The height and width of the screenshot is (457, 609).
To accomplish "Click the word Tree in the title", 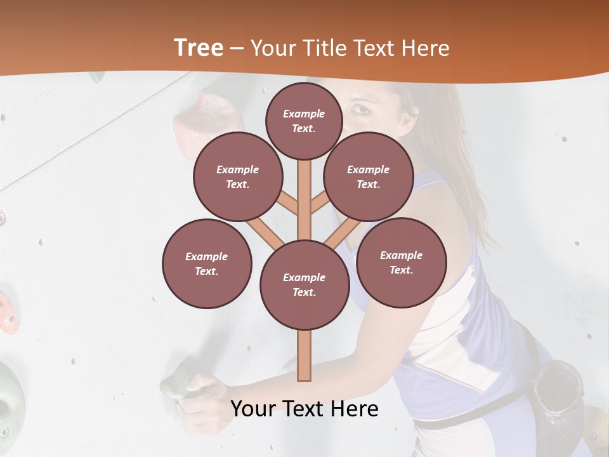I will (199, 48).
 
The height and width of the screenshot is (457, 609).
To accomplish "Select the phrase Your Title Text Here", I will (350, 48).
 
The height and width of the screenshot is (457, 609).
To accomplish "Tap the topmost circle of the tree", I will (304, 121).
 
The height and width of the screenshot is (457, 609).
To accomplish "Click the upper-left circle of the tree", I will (238, 177).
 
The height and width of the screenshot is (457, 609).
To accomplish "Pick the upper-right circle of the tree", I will (368, 177).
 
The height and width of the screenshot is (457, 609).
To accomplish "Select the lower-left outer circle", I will (207, 263).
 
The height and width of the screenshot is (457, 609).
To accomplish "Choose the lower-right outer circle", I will (401, 262).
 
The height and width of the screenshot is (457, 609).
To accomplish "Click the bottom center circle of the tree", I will (304, 285).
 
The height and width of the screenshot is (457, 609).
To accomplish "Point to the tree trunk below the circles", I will (304, 355).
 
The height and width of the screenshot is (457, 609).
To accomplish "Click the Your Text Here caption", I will (304, 409).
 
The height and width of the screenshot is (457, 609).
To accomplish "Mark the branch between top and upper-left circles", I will (287, 204).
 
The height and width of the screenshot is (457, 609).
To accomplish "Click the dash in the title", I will (237, 49).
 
